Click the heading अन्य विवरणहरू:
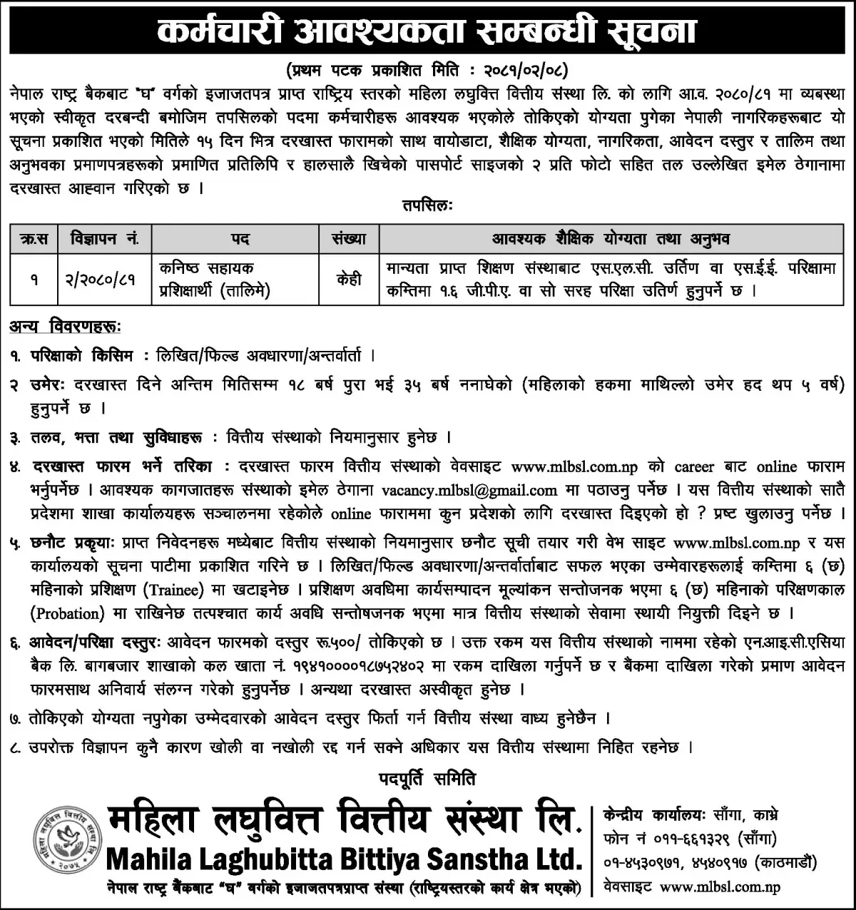pyautogui.click(x=66, y=327)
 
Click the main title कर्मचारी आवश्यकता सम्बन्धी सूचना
pyautogui.click(x=428, y=32)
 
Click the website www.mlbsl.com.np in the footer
pyautogui.click(x=720, y=887)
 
